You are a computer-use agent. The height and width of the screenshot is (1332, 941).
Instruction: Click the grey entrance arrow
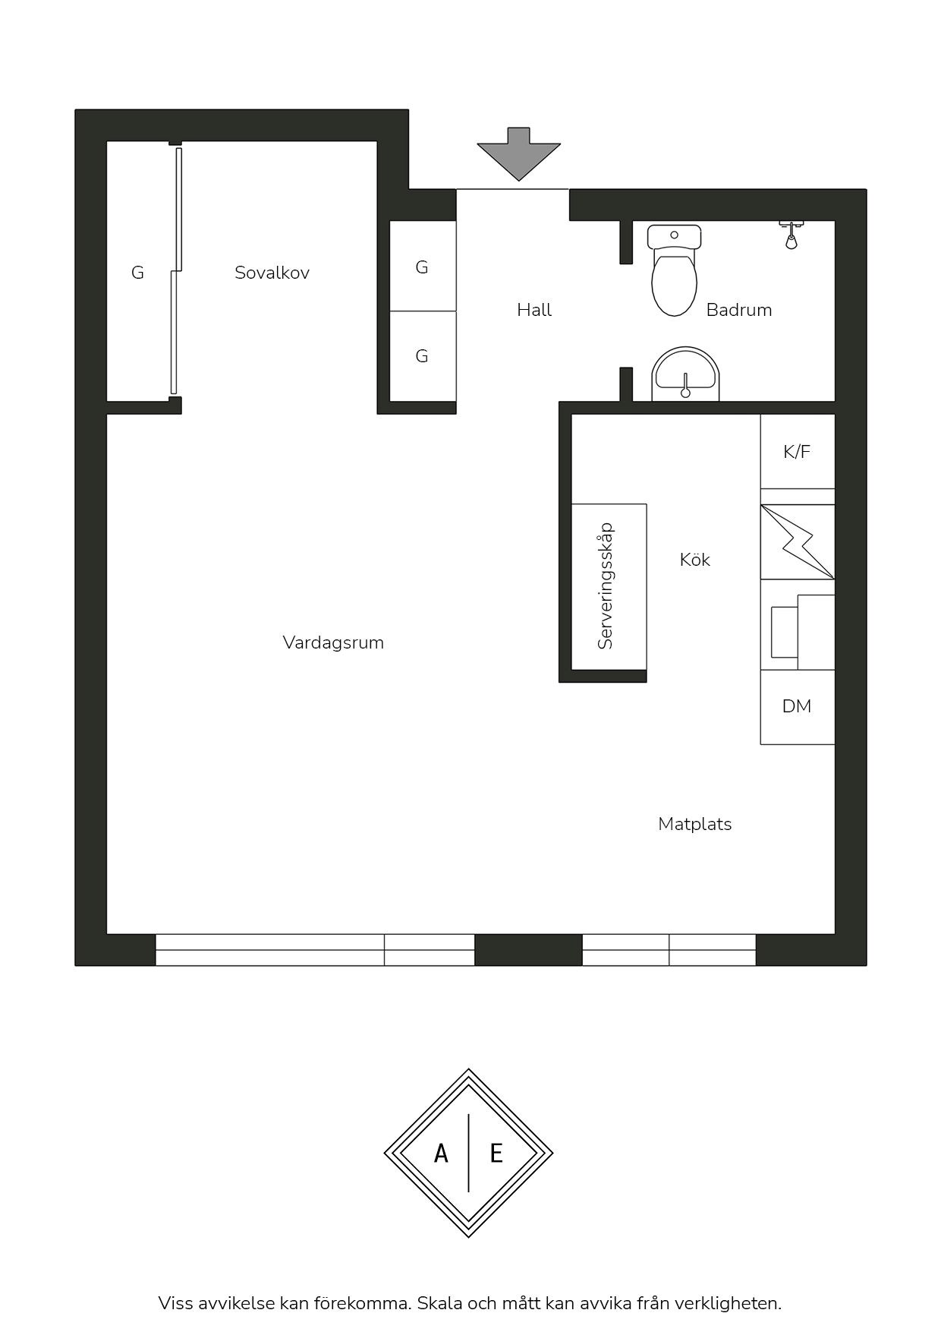(x=518, y=153)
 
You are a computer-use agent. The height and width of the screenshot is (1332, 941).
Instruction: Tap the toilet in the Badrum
(x=674, y=270)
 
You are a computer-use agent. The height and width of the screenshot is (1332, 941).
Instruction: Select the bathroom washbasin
(x=685, y=374)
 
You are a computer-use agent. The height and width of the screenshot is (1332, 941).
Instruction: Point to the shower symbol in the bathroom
(x=791, y=235)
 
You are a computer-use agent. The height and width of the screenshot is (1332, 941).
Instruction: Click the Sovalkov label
(x=272, y=273)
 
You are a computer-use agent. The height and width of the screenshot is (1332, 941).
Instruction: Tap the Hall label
(x=534, y=310)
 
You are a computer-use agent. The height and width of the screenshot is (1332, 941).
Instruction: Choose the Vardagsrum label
(x=333, y=642)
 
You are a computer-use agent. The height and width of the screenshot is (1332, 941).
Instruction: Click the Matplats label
(x=695, y=824)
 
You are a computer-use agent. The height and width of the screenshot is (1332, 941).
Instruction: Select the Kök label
(x=695, y=560)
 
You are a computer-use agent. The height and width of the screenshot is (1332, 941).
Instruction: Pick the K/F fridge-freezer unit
(x=798, y=451)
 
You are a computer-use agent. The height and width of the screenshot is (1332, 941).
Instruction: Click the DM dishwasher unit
(x=798, y=707)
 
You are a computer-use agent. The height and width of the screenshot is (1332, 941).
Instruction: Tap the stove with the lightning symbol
(x=798, y=542)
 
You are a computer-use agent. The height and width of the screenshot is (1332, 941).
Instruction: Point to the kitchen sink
(x=798, y=632)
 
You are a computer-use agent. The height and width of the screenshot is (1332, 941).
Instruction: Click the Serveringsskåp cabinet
(x=609, y=587)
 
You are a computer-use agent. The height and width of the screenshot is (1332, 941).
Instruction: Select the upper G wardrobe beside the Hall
(x=423, y=266)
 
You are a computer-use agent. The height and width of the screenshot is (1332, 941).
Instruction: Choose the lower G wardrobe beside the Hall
(x=423, y=355)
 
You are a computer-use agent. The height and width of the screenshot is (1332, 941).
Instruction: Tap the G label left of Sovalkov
(x=137, y=273)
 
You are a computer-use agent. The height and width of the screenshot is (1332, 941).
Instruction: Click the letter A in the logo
(x=441, y=1154)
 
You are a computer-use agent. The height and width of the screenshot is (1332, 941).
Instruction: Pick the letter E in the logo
(x=496, y=1154)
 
